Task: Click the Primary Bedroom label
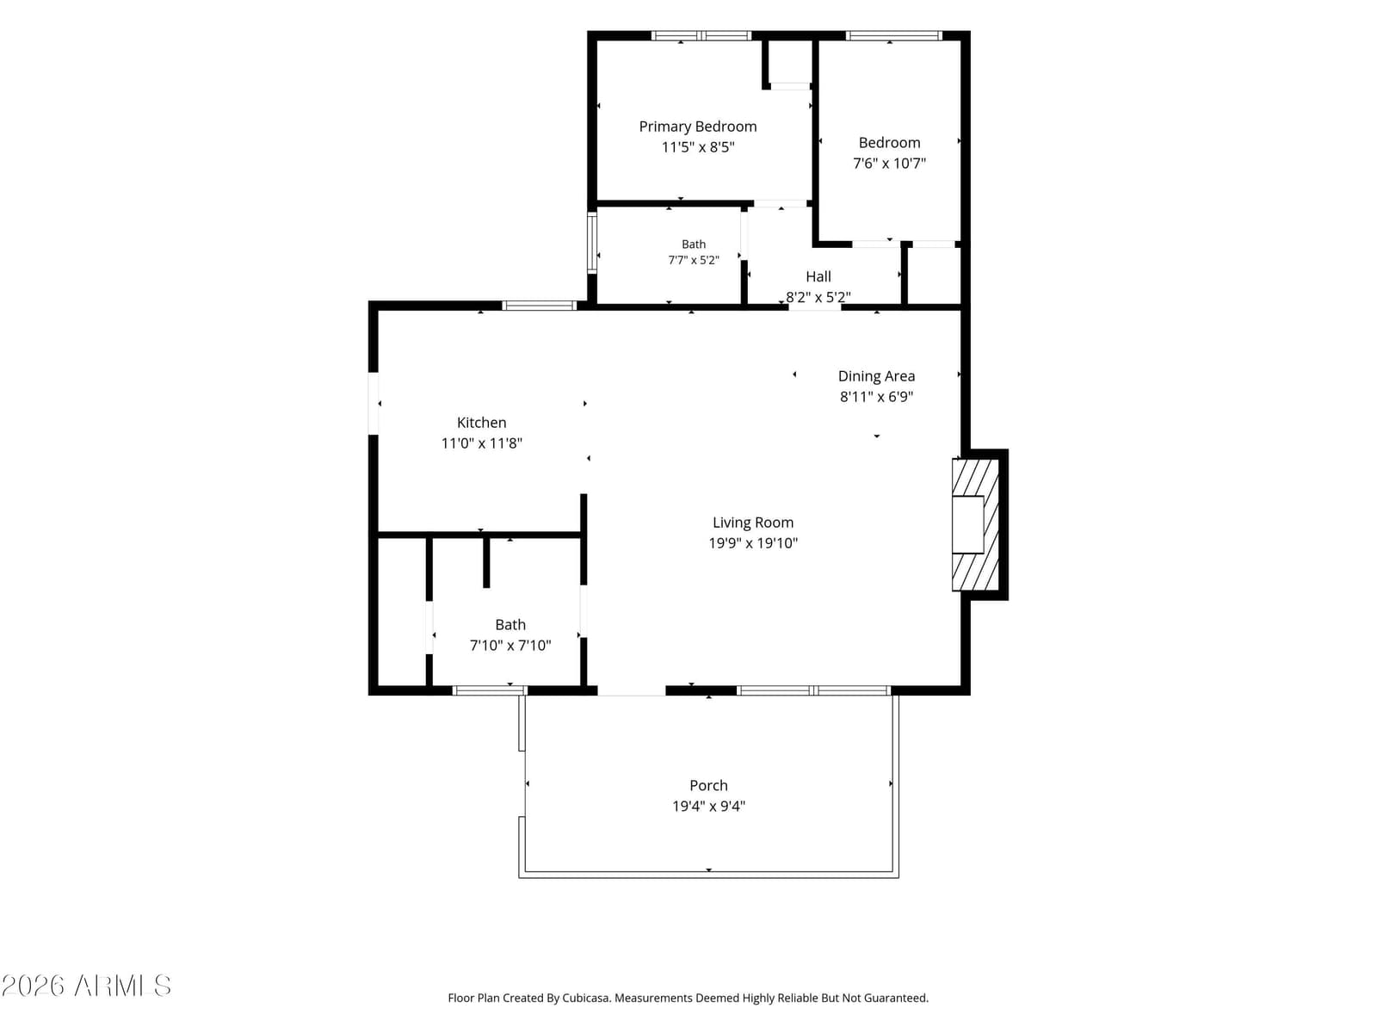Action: pyautogui.click(x=698, y=127)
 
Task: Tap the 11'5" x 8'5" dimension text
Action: pyautogui.click(x=698, y=147)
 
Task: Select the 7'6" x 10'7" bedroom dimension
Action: pyautogui.click(x=889, y=163)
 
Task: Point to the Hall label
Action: pyautogui.click(x=818, y=276)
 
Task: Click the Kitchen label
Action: pyautogui.click(x=481, y=423)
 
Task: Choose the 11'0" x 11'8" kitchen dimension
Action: pyautogui.click(x=481, y=443)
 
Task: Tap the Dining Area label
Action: pyautogui.click(x=876, y=376)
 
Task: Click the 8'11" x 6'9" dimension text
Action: pyautogui.click(x=876, y=396)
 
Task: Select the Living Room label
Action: pyautogui.click(x=753, y=523)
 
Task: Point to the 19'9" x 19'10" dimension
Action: pyautogui.click(x=753, y=543)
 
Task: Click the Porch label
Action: pyautogui.click(x=708, y=785)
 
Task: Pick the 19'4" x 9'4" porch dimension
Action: pyautogui.click(x=708, y=806)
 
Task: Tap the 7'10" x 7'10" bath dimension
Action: pyautogui.click(x=510, y=646)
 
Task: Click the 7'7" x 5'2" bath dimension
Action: pyautogui.click(x=693, y=260)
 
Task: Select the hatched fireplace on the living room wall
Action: pyautogui.click(x=975, y=525)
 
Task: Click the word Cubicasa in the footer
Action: pyautogui.click(x=586, y=998)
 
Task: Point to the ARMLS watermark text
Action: pyautogui.click(x=86, y=986)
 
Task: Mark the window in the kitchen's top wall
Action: pyautogui.click(x=539, y=306)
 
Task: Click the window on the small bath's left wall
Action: pyautogui.click(x=591, y=243)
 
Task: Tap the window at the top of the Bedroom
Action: pyautogui.click(x=893, y=36)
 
